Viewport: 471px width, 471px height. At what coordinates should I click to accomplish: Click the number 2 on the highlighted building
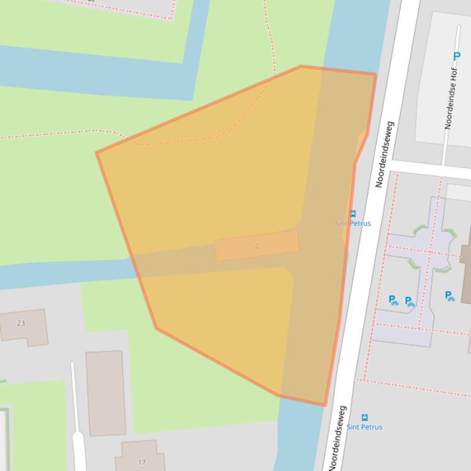pyautogui.click(x=257, y=246)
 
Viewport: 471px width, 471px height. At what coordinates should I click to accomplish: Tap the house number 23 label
pyautogui.click(x=21, y=323)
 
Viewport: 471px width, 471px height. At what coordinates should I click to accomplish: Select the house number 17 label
pyautogui.click(x=142, y=462)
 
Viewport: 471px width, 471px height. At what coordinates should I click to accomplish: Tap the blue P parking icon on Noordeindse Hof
pyautogui.click(x=456, y=56)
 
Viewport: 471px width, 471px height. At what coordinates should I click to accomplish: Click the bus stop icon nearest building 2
pyautogui.click(x=353, y=214)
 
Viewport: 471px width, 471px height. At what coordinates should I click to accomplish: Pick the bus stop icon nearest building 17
pyautogui.click(x=364, y=418)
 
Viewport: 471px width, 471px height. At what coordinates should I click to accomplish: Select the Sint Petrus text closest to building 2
pyautogui.click(x=353, y=223)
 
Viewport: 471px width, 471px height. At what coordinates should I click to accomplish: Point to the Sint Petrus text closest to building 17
pyautogui.click(x=364, y=427)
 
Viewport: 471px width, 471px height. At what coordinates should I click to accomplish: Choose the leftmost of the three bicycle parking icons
pyautogui.click(x=393, y=300)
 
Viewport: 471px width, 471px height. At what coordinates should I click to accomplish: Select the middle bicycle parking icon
pyautogui.click(x=409, y=302)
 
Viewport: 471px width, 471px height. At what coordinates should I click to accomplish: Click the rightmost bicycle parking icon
pyautogui.click(x=450, y=296)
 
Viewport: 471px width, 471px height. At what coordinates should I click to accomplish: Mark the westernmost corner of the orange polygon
pyautogui.click(x=97, y=152)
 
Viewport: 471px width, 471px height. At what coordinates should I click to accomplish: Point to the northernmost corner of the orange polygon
pyautogui.click(x=301, y=66)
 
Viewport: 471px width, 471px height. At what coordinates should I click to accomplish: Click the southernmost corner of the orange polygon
pyautogui.click(x=325, y=405)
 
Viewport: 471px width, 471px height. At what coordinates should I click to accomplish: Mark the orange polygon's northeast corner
pyautogui.click(x=375, y=75)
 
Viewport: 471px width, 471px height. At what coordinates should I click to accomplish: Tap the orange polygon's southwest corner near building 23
pyautogui.click(x=157, y=328)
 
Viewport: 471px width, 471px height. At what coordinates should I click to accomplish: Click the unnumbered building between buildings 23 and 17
pyautogui.click(x=106, y=393)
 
